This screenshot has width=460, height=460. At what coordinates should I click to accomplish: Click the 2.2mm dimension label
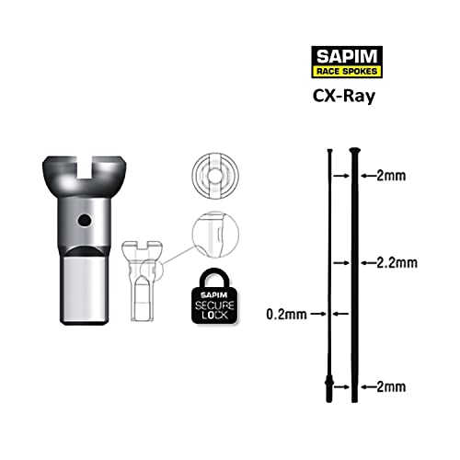click(x=397, y=262)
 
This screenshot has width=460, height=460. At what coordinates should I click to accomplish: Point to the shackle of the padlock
click(x=217, y=273)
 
